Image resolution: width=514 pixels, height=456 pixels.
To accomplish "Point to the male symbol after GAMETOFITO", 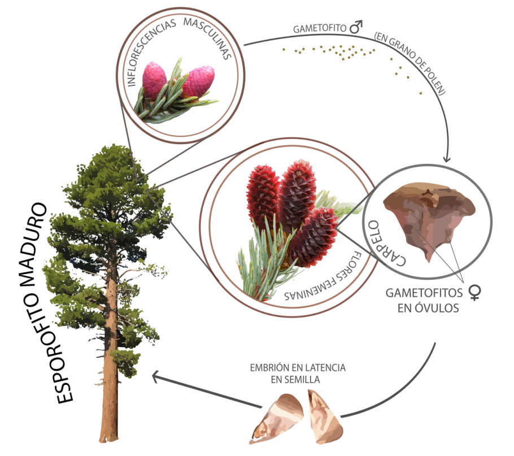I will [x=355, y=27].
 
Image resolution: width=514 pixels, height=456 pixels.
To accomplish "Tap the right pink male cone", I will [x=197, y=82].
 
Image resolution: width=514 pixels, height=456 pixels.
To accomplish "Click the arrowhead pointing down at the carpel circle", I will [x=447, y=159].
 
